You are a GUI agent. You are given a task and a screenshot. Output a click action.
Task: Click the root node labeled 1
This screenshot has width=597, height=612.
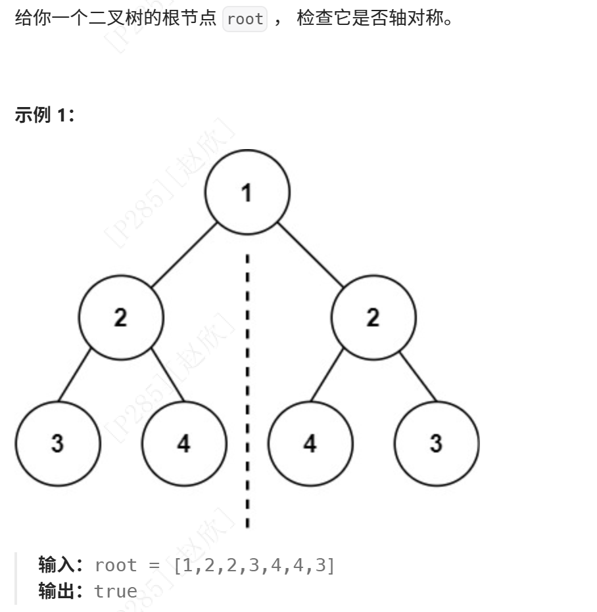[x=247, y=192]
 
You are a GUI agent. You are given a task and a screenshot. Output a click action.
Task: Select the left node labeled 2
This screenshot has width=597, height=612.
[x=121, y=318]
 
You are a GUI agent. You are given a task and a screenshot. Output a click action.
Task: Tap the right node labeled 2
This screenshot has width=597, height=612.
[x=373, y=318]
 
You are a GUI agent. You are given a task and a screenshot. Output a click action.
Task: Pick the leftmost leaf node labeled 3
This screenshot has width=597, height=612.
[x=58, y=443]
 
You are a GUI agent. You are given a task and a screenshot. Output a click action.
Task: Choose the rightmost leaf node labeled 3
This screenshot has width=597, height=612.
[x=437, y=443]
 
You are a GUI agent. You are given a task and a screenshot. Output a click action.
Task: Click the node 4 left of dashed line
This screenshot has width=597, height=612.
[x=184, y=443]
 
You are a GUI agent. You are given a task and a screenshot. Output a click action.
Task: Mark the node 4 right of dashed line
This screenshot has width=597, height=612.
[x=310, y=443]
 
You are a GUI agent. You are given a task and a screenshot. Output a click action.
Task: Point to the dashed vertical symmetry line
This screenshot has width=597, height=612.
[x=247, y=394]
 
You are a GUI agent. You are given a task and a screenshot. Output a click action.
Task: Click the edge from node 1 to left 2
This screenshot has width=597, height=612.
[x=184, y=255]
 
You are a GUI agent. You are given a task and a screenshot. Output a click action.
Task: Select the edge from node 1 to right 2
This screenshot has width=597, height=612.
[x=310, y=255]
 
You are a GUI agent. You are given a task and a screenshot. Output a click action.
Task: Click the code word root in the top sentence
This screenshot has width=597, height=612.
[x=245, y=19]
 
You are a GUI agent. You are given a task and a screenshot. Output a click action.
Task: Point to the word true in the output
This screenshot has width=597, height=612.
[x=116, y=591]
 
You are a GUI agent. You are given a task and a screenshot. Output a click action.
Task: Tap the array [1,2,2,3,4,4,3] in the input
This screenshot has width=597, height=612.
[x=254, y=565]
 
